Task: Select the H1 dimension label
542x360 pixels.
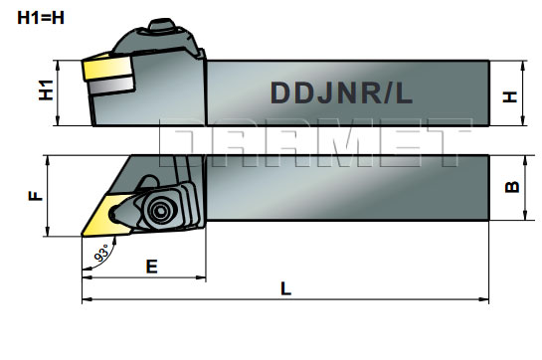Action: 45,91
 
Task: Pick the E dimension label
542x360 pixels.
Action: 151,266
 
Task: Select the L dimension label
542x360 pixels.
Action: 285,288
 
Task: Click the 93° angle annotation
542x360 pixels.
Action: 100,255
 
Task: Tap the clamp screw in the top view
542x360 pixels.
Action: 158,209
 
